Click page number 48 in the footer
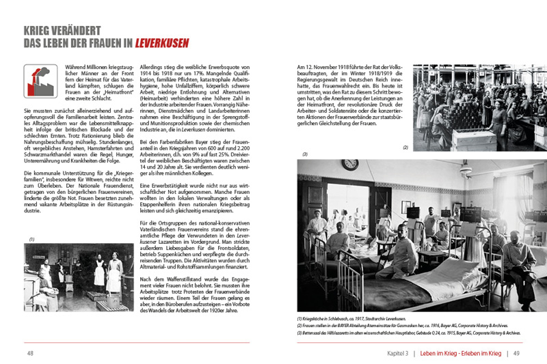click(x=31, y=353)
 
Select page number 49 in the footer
click(x=516, y=353)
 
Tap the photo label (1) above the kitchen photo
click(x=31, y=239)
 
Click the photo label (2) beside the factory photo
click(x=405, y=148)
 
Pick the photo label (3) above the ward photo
click(x=305, y=155)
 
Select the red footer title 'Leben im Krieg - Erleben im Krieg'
click(x=461, y=353)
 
